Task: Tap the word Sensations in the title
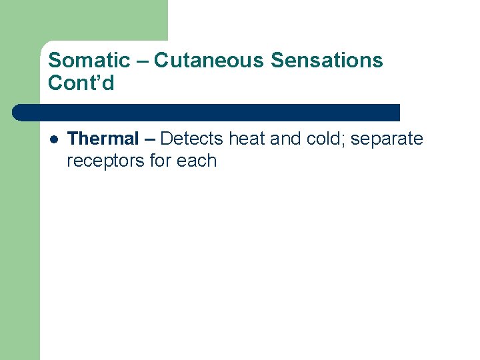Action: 327,61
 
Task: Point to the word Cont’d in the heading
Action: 81,83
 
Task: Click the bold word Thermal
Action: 103,139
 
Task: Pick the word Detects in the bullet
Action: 192,139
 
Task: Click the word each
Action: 197,161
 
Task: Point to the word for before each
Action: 163,161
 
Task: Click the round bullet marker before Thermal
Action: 54,139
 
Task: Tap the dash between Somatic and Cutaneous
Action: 142,61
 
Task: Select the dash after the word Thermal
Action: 149,139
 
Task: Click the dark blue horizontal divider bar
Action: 207,112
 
